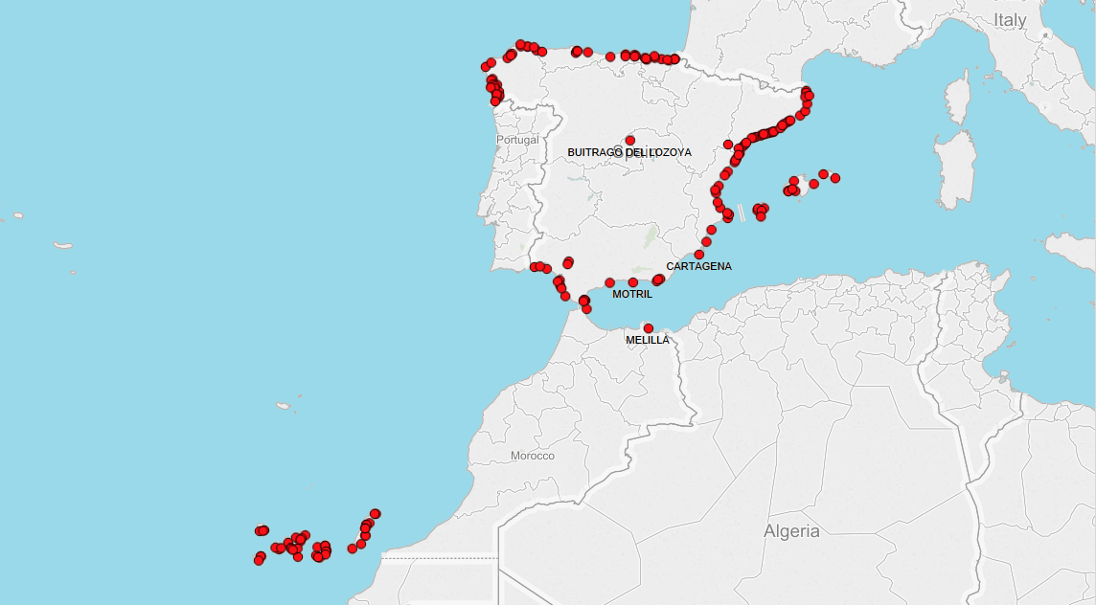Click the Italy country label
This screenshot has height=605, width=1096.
pos(1010,20)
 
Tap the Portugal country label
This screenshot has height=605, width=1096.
pos(517,140)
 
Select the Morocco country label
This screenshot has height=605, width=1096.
pos(532,456)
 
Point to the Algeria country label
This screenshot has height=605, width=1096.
pos(791,531)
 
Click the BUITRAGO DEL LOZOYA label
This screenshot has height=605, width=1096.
pos(628,152)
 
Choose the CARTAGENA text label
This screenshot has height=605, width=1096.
pos(698,266)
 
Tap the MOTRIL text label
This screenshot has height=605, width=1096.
pos(632,294)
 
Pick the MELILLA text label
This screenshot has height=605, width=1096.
pos(648,340)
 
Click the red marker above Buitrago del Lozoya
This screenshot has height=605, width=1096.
pos(629,140)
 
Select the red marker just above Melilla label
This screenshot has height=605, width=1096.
pos(649,328)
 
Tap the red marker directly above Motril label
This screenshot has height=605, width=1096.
pos(632,282)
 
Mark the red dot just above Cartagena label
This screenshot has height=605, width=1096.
pos(699,254)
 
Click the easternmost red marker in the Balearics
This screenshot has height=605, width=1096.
pos(835,178)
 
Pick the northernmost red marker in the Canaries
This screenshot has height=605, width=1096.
pos(376,514)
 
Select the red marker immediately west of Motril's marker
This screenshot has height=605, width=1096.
pos(609,282)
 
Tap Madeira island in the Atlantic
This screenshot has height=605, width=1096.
pos(284,406)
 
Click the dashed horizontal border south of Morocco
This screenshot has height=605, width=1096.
pos(439,557)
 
